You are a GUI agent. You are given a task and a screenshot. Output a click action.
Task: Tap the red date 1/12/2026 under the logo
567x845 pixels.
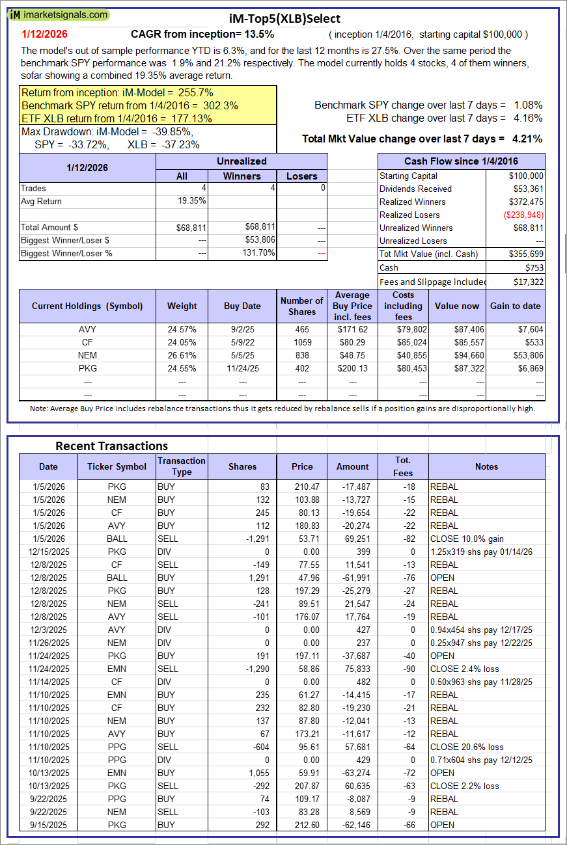[44, 34]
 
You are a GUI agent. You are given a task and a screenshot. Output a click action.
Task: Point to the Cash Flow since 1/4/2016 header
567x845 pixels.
[462, 161]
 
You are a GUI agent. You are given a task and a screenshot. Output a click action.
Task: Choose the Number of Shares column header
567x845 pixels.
[301, 306]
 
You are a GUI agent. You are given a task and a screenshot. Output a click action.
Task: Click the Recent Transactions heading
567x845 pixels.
[111, 446]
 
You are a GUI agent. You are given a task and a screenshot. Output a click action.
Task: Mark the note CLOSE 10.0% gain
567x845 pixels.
[467, 539]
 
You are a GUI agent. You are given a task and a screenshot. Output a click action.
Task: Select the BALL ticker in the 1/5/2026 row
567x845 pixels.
[117, 539]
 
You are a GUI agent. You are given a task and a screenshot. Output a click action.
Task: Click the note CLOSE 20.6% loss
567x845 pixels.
[467, 747]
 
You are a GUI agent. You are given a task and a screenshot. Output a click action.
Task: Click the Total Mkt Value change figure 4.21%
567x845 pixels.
[527, 139]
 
